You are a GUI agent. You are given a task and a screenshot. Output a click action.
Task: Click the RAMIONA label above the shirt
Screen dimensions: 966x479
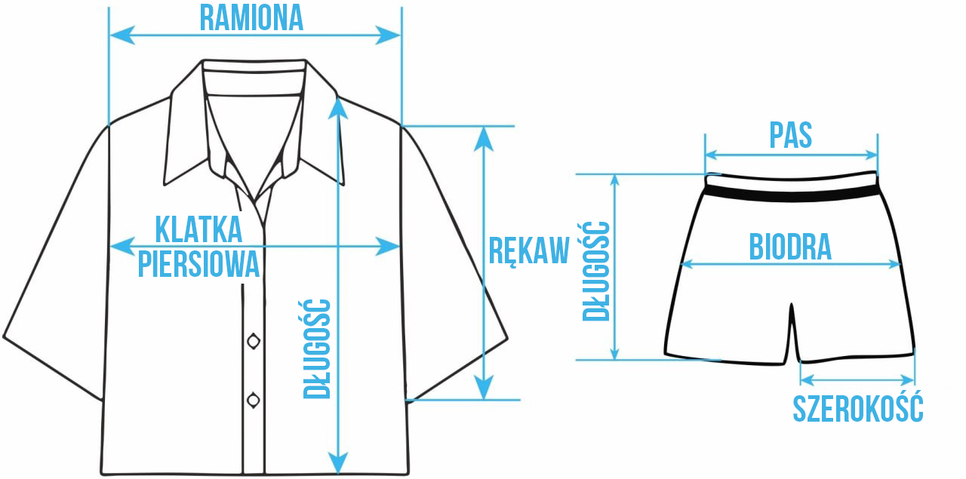pos(251,17)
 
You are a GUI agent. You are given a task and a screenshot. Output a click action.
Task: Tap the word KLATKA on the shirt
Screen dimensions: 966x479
pos(198,230)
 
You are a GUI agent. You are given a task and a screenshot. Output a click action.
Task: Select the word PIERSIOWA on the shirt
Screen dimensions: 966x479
pos(198,263)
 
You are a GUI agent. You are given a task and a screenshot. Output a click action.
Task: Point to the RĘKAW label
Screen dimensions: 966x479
pos(529,251)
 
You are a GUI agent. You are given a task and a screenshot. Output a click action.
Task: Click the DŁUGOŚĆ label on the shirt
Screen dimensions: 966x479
pos(317,349)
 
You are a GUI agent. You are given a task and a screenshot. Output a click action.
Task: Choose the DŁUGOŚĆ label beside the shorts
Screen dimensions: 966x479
pos(596,272)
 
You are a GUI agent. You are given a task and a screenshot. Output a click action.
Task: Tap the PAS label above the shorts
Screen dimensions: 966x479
pos(791,135)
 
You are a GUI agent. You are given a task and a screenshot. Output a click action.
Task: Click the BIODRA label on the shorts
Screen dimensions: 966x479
pos(790,247)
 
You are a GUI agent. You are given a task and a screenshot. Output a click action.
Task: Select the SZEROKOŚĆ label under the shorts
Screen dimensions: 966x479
pos(858,408)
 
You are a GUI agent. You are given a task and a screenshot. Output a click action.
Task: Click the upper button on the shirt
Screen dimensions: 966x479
pos(254,342)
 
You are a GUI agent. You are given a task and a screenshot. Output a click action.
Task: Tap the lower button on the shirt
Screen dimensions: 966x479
pos(253,400)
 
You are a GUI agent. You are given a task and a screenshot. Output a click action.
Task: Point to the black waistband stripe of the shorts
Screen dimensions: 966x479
pos(792,194)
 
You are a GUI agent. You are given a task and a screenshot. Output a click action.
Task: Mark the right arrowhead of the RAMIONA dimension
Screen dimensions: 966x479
pos(388,35)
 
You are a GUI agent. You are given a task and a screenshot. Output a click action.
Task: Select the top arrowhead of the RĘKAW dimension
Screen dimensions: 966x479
pos(484,140)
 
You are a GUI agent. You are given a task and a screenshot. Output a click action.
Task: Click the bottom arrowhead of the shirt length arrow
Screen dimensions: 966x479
pos(338,463)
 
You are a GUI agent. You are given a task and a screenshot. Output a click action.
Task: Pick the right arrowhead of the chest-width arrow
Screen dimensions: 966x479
pos(388,247)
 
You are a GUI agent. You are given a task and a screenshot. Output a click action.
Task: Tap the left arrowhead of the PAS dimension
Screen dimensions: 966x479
pos(711,155)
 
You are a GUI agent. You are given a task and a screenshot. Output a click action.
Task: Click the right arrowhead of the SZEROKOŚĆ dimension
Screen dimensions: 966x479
pos(908,380)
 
